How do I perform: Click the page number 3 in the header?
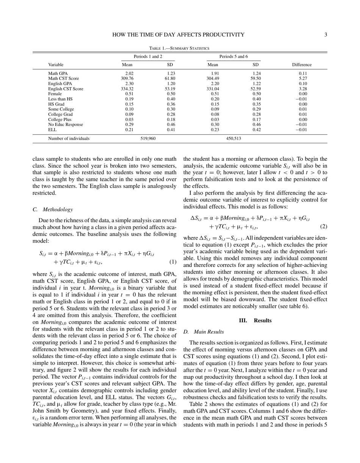pos(326,35)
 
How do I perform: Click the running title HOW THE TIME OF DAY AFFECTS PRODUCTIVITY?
pos(178,35)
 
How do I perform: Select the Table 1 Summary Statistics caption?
pos(179,48)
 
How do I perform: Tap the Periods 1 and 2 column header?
pos(148,57)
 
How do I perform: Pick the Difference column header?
pos(302,65)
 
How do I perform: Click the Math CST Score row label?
pos(63,78)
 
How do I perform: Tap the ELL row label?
pos(52,130)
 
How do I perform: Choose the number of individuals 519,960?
pos(148,138)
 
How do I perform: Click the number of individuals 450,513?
pos(233,138)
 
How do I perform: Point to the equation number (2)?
pos(323,226)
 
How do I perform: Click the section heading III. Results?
pos(255,320)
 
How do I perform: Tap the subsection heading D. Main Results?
pos(203,332)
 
